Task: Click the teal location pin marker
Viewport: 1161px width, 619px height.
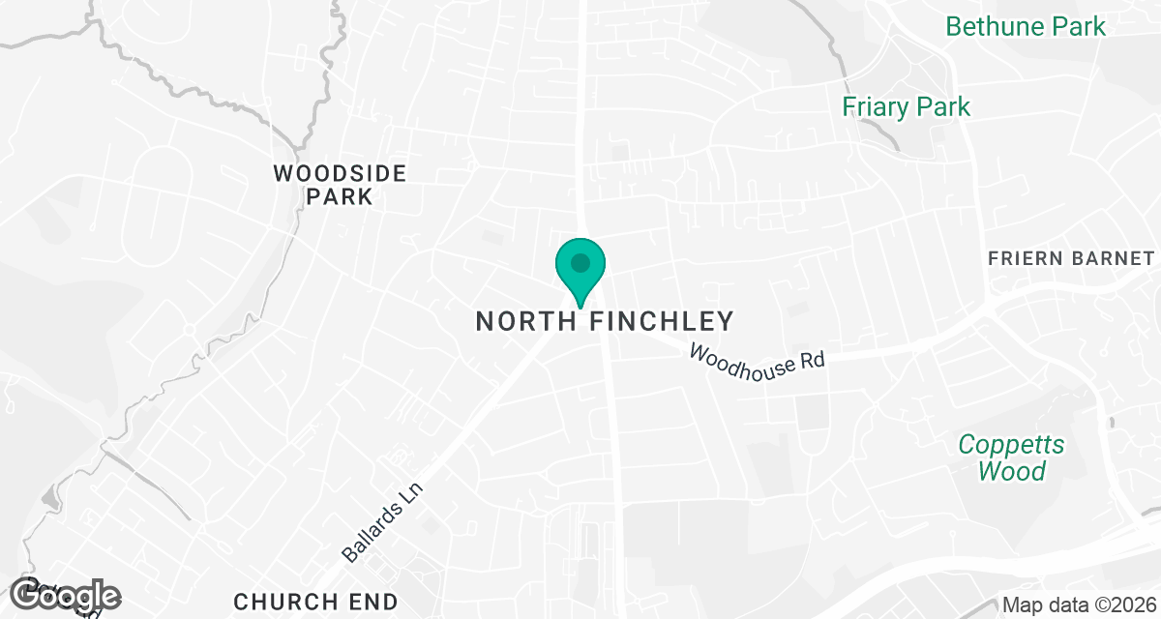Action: [x=580, y=270]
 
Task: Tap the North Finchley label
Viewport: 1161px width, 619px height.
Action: [x=605, y=321]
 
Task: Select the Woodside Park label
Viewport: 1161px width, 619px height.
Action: [x=340, y=185]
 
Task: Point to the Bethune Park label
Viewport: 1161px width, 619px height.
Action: [x=1026, y=26]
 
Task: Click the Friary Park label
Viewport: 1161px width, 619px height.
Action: [x=906, y=106]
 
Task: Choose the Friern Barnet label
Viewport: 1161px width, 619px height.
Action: [x=1071, y=258]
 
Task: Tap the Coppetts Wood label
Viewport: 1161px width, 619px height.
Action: [x=1011, y=458]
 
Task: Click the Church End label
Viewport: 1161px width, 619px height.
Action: [x=315, y=601]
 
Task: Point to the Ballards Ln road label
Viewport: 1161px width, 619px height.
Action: [x=383, y=522]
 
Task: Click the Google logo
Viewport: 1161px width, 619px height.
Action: [x=66, y=596]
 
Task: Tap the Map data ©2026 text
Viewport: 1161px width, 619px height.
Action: [x=1079, y=604]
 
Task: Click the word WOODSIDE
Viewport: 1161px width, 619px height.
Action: [x=340, y=174]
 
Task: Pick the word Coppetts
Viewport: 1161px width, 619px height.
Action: [x=1011, y=446]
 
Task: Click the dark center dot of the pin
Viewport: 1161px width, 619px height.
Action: [x=580, y=262]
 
